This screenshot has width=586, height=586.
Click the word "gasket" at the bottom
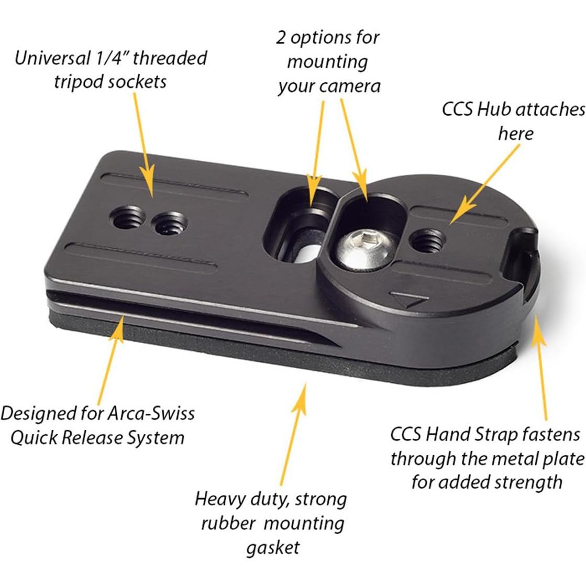272,547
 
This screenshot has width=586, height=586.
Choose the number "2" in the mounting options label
282,38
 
